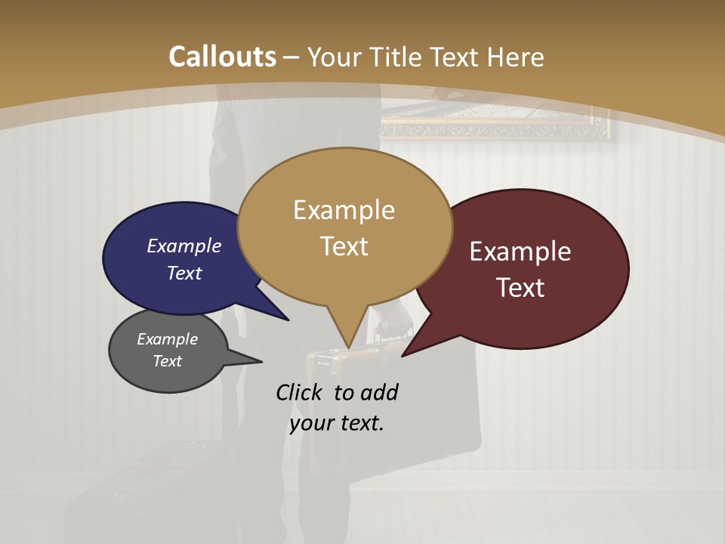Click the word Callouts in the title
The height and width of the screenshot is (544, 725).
pos(222,57)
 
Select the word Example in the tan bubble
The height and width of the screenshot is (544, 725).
pos(344,210)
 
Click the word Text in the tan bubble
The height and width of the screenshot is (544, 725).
pos(344,246)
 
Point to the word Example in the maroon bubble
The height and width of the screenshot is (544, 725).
pos(520,252)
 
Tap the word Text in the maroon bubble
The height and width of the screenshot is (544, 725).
pos(520,288)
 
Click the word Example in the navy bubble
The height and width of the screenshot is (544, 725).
pos(184,246)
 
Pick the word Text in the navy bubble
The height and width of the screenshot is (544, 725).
pos(184,273)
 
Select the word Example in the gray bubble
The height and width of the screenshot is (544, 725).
pos(167,339)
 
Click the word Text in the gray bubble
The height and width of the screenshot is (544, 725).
pos(167,361)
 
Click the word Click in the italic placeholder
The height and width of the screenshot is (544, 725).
pos(301,392)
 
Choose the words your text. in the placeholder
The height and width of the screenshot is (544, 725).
pos(336,422)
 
